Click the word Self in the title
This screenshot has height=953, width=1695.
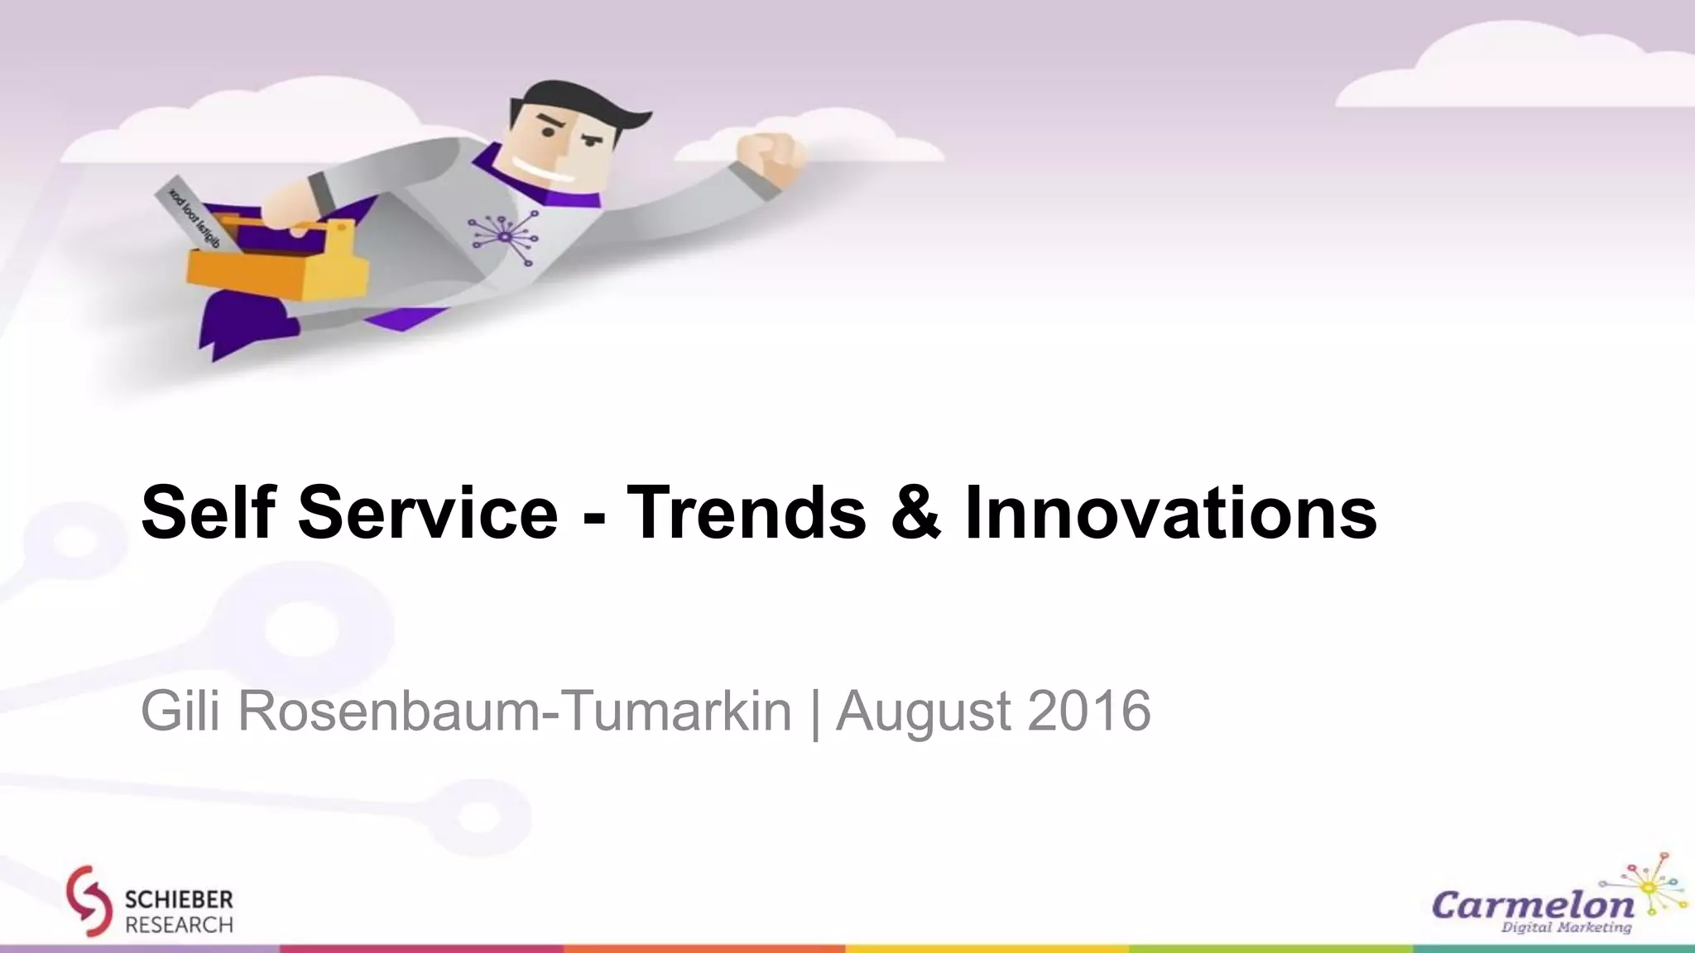[207, 512]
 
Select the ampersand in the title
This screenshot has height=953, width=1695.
[915, 512]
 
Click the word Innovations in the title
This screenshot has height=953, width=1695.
[1170, 512]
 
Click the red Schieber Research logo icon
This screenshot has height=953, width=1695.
[89, 901]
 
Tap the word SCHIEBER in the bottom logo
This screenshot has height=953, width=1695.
[179, 899]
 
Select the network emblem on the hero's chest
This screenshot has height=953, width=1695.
[504, 232]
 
